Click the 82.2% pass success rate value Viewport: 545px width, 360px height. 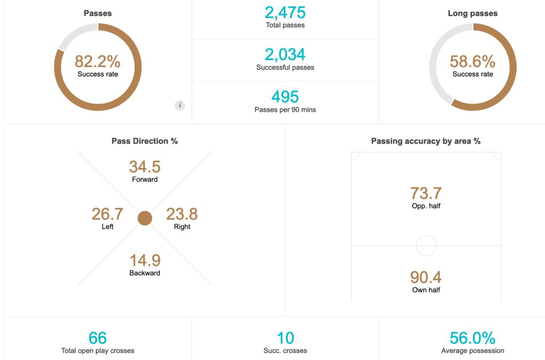pos(98,61)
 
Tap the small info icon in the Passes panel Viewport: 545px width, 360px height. pos(180,105)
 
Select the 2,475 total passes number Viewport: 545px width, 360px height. pos(285,13)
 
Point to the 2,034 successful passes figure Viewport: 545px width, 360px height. pos(285,55)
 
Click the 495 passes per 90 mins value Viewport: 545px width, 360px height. pos(285,97)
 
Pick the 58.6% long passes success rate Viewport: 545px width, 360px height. pos(473,61)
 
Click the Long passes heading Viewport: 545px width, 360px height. pos(473,14)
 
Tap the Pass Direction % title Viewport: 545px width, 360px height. pos(145,141)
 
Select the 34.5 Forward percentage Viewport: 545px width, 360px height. pos(145,166)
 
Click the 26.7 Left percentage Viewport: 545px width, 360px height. pos(108,214)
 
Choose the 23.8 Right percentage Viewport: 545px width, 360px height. pos(182,214)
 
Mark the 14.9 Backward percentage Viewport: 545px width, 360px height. pos(145,261)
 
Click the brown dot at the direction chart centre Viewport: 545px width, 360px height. pos(145,218)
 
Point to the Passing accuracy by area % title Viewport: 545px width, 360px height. pos(426,141)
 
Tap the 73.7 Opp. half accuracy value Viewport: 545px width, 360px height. pos(426,193)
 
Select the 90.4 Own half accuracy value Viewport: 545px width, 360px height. pos(426,278)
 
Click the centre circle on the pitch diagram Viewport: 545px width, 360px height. pos(426,246)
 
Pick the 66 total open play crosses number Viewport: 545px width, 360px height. pos(98,338)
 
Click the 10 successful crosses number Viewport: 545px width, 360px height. pos(285,338)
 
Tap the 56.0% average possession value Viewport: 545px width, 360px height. pos(473,338)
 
